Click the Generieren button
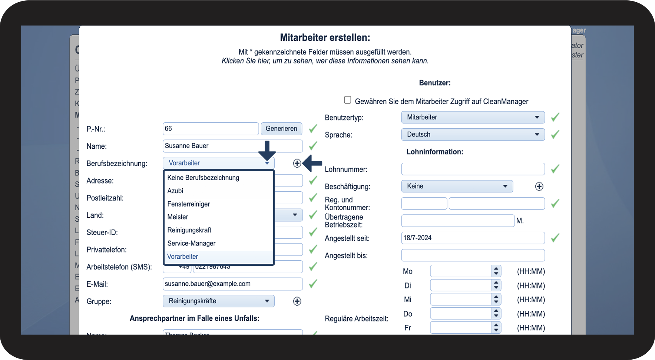point(281,129)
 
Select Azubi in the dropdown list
point(175,191)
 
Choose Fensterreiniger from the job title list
point(188,204)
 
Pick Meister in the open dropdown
point(178,217)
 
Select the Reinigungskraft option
point(189,230)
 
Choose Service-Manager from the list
point(191,243)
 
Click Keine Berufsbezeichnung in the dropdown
point(203,178)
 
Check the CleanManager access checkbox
point(348,100)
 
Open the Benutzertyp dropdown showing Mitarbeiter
point(473,117)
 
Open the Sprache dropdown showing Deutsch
point(473,135)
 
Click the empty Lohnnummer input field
point(473,169)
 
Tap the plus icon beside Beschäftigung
point(539,186)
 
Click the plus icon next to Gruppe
point(297,301)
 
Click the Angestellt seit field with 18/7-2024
point(473,238)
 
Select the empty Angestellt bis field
point(473,255)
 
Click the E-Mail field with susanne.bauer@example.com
point(232,284)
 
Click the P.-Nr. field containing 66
point(210,129)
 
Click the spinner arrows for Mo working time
point(496,271)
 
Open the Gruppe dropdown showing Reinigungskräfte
point(218,301)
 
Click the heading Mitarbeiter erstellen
point(325,37)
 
